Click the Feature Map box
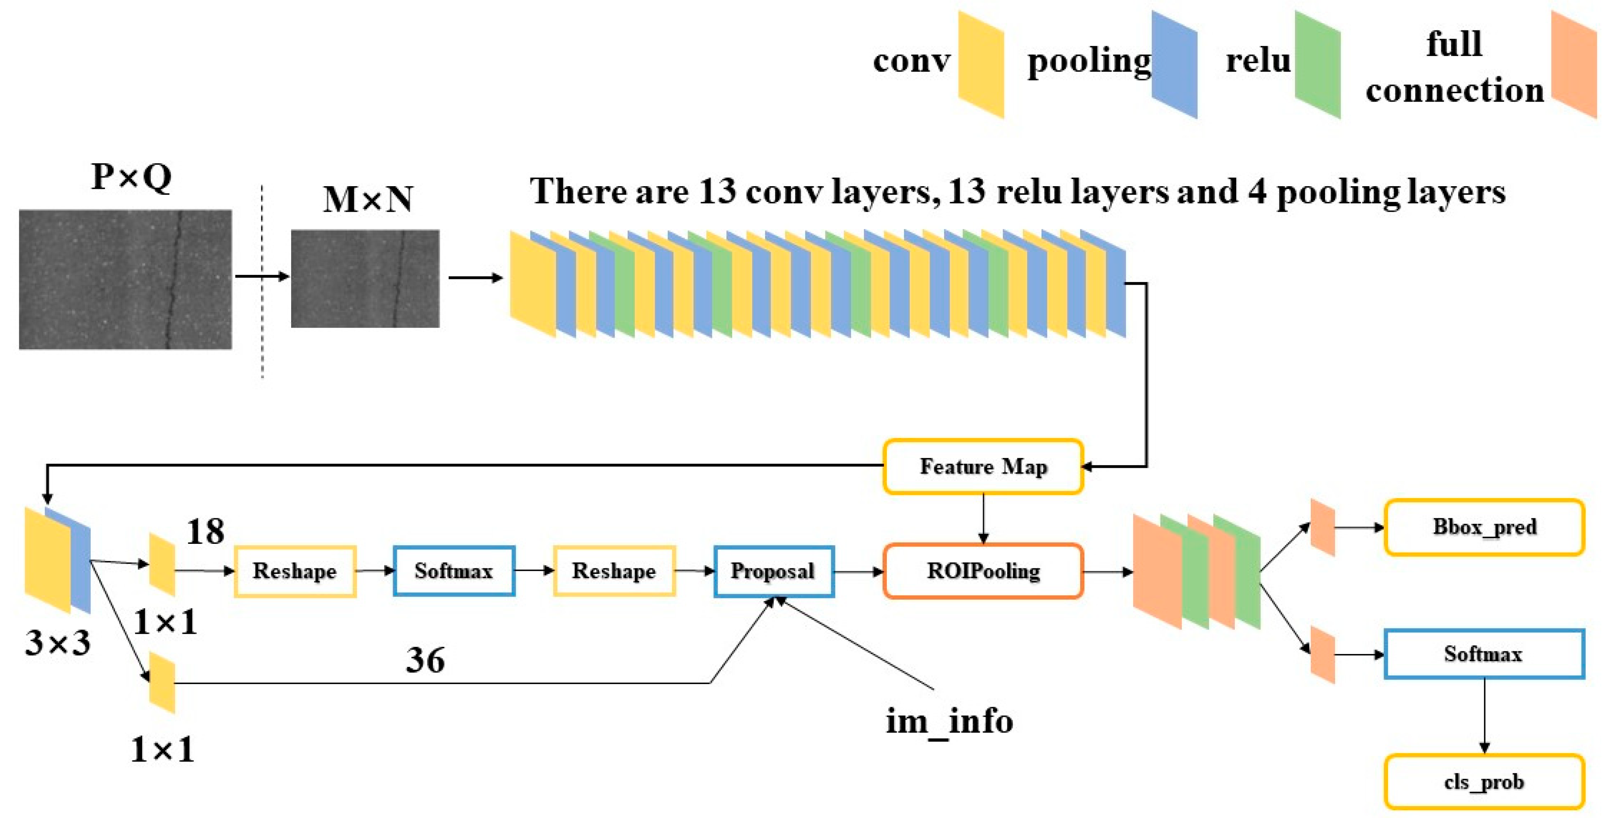click(983, 466)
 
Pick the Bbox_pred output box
click(1484, 527)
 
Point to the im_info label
click(949, 721)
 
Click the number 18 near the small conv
click(205, 532)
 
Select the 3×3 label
click(57, 642)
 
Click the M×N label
click(368, 199)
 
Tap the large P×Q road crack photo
click(125, 279)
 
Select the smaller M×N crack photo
click(365, 279)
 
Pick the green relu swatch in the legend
click(1318, 64)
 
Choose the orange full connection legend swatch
click(1574, 64)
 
